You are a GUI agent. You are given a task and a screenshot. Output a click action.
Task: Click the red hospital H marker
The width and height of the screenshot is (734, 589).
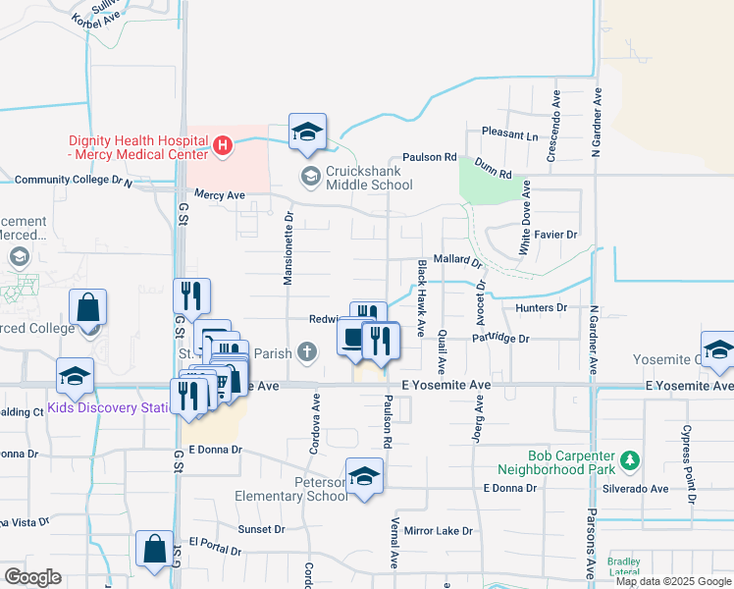(223, 146)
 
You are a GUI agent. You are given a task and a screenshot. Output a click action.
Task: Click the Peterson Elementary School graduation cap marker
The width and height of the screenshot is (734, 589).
(365, 476)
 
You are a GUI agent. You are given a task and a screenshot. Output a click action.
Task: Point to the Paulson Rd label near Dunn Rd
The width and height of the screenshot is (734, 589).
(430, 157)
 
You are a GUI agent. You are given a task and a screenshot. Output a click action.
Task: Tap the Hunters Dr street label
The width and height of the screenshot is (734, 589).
(541, 307)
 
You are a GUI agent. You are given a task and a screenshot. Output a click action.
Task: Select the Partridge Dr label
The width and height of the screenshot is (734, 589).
(499, 339)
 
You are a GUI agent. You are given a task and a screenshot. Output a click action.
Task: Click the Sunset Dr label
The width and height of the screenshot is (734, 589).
(261, 529)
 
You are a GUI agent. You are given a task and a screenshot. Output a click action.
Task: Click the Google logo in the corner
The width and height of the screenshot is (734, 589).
(32, 577)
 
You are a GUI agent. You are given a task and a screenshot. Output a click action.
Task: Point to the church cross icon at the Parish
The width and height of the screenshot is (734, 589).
(307, 351)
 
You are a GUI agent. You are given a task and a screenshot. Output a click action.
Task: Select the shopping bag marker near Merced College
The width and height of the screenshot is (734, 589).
(87, 307)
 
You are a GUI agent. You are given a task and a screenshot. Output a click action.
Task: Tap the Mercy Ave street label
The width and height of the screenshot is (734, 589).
(219, 195)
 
